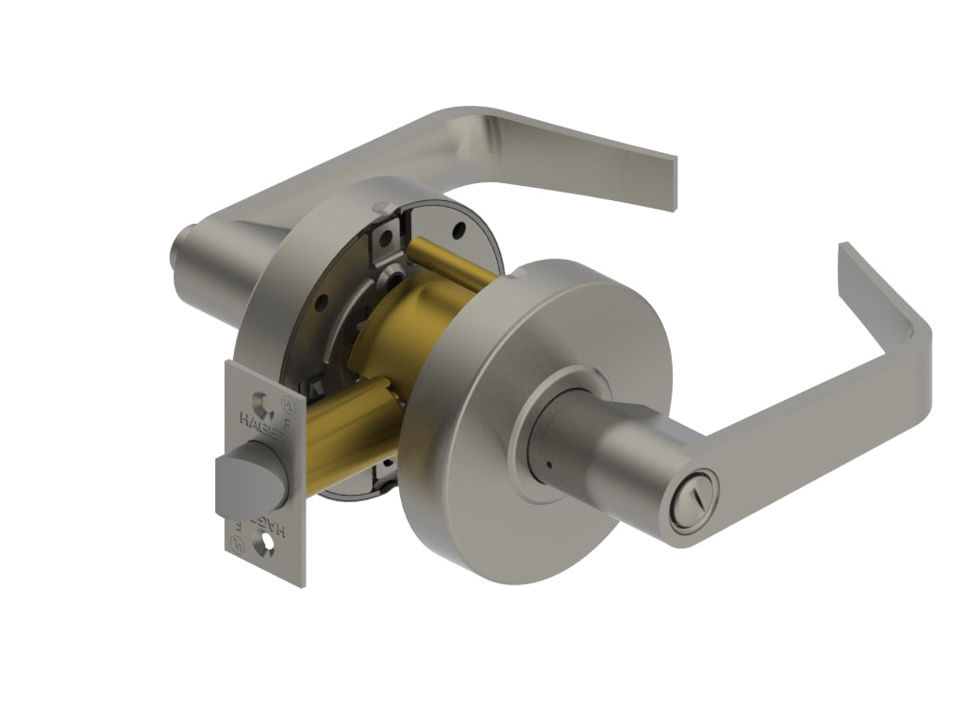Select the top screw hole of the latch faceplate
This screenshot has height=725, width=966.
tap(261, 384)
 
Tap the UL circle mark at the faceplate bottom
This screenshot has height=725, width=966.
tap(239, 544)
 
